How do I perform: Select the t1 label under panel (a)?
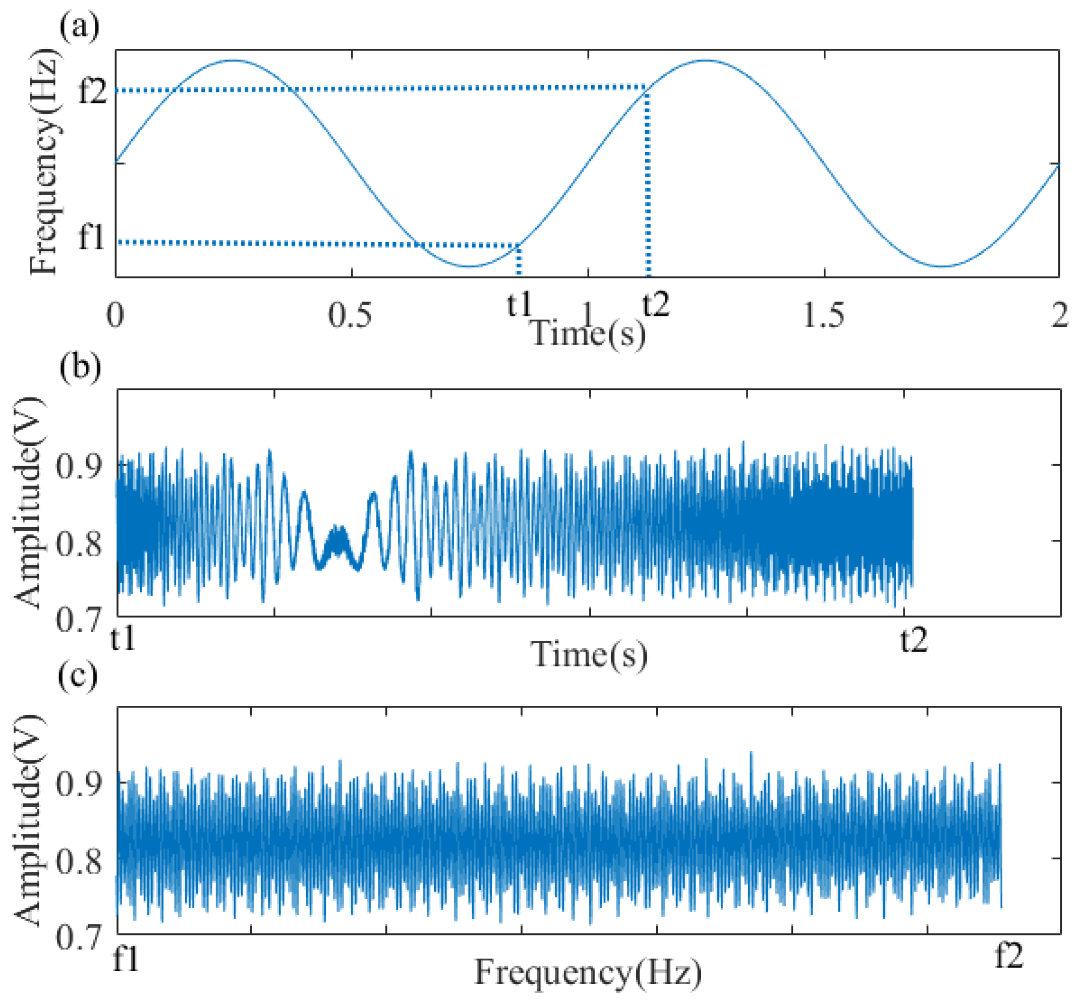pyautogui.click(x=519, y=305)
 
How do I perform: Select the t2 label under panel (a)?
pyautogui.click(x=656, y=305)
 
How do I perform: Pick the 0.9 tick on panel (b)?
pyautogui.click(x=79, y=465)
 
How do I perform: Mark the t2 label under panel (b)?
pyautogui.click(x=914, y=640)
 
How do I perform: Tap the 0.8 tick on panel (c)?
pyautogui.click(x=79, y=860)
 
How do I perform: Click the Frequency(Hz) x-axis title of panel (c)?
pyautogui.click(x=588, y=972)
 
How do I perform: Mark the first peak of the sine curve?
pyautogui.click(x=233, y=60)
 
